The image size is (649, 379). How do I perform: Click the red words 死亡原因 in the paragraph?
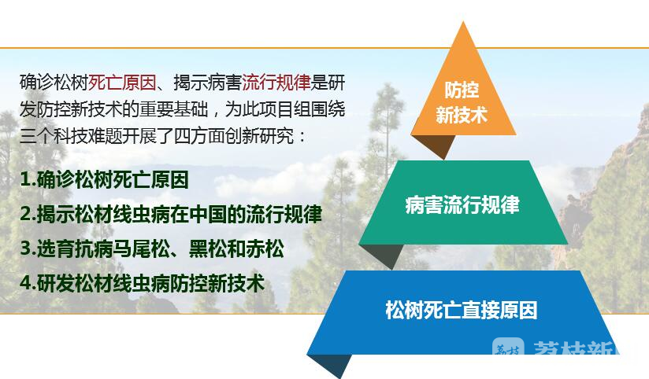pos(122,83)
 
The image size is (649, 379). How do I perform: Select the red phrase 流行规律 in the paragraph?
pos(276,83)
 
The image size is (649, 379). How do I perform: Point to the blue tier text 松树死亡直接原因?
pos(462,310)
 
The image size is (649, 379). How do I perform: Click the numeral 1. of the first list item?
pos(28,180)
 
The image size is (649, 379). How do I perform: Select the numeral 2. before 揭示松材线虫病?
pos(28,214)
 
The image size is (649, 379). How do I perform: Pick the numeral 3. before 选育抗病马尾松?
pos(28,248)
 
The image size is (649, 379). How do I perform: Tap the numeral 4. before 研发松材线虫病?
pos(28,284)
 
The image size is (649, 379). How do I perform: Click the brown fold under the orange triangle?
pos(435,145)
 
